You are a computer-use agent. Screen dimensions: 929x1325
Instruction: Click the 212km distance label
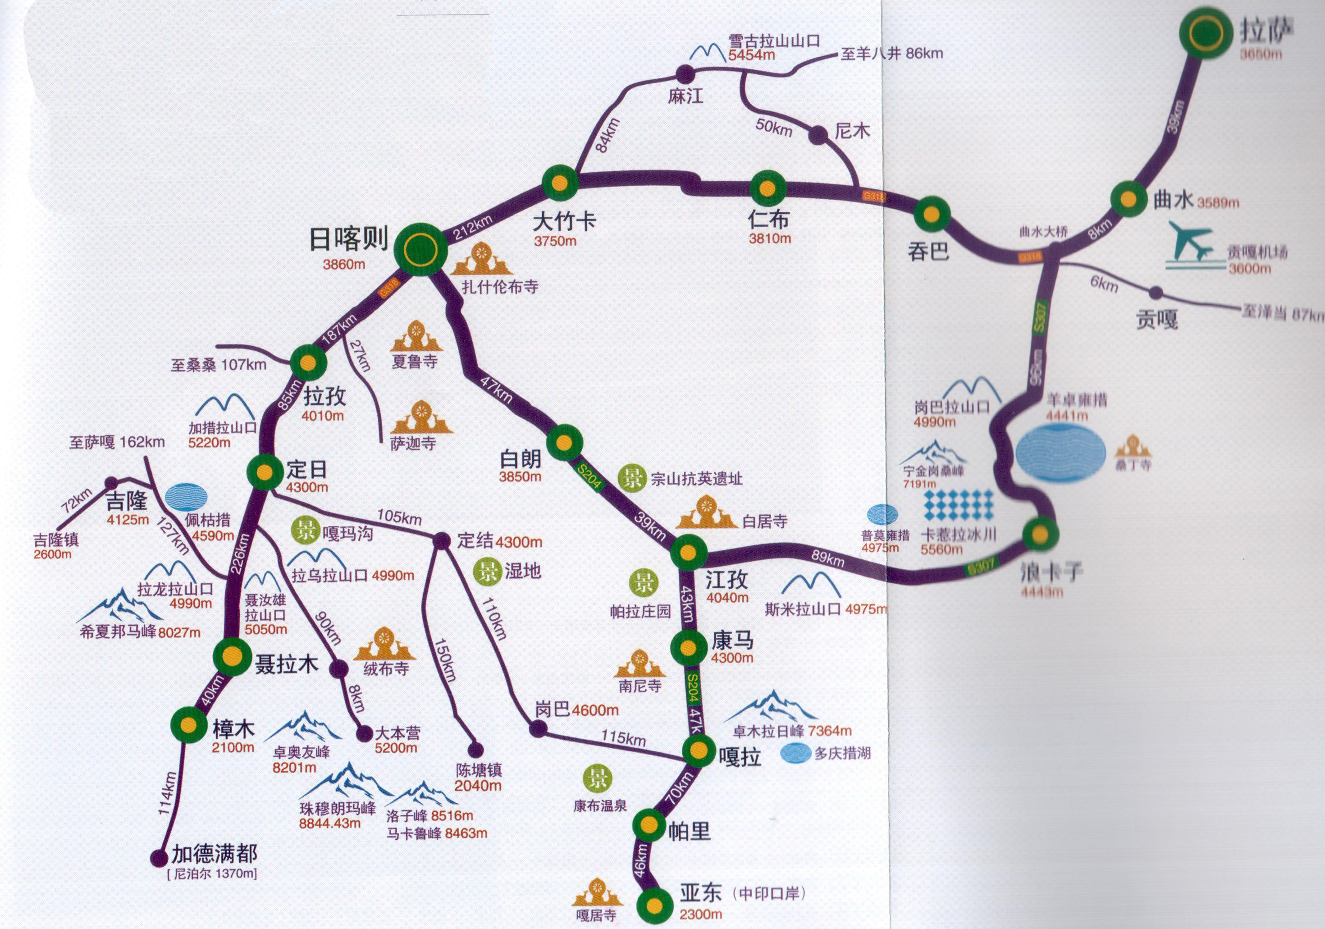point(473,227)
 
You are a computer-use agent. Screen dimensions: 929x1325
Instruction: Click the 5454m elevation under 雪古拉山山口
point(751,55)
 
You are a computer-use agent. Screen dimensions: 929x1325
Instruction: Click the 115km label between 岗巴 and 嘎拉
point(623,738)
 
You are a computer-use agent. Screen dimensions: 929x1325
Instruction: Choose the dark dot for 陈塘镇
point(475,750)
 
